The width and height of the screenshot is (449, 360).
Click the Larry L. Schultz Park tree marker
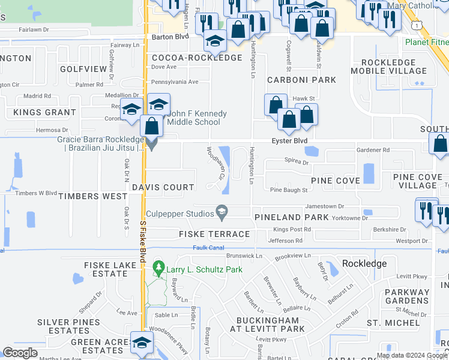click(159, 268)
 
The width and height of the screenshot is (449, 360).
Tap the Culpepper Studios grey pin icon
click(222, 212)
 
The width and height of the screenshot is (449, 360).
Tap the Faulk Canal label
click(208, 248)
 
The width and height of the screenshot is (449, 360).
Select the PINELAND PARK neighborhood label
click(291, 217)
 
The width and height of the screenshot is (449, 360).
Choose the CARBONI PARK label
click(293, 80)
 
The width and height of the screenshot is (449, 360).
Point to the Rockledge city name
click(365, 263)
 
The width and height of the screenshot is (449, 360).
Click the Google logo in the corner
click(20, 353)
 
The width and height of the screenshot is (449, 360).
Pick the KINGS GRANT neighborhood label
click(40, 112)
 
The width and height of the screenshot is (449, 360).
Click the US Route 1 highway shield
click(416, 25)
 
